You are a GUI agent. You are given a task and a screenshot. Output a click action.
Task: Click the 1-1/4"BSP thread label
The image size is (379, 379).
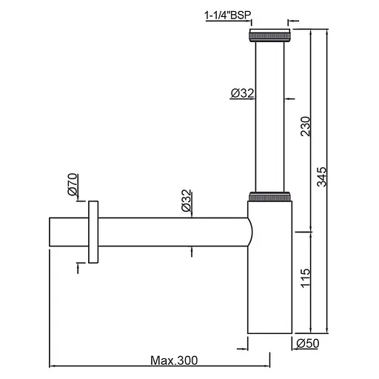click(x=227, y=16)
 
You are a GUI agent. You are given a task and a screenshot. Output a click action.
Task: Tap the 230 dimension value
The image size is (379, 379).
click(x=305, y=126)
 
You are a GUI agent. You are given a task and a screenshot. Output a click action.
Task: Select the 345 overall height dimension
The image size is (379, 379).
click(x=321, y=177)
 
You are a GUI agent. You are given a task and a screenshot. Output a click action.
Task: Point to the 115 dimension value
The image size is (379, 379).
click(x=305, y=278)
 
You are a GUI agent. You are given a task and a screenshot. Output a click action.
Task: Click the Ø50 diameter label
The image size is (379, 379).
click(x=308, y=343)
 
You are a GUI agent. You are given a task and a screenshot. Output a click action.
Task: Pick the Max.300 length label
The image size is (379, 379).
click(x=174, y=360)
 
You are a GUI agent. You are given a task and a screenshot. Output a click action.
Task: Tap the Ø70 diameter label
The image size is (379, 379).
click(x=73, y=184)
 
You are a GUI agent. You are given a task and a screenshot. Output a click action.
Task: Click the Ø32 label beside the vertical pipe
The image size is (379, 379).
click(x=242, y=93)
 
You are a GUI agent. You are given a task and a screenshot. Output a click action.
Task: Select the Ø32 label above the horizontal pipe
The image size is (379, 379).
click(x=187, y=200)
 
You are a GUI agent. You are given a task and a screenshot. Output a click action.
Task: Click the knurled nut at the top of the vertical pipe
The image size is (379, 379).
click(x=270, y=36)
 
